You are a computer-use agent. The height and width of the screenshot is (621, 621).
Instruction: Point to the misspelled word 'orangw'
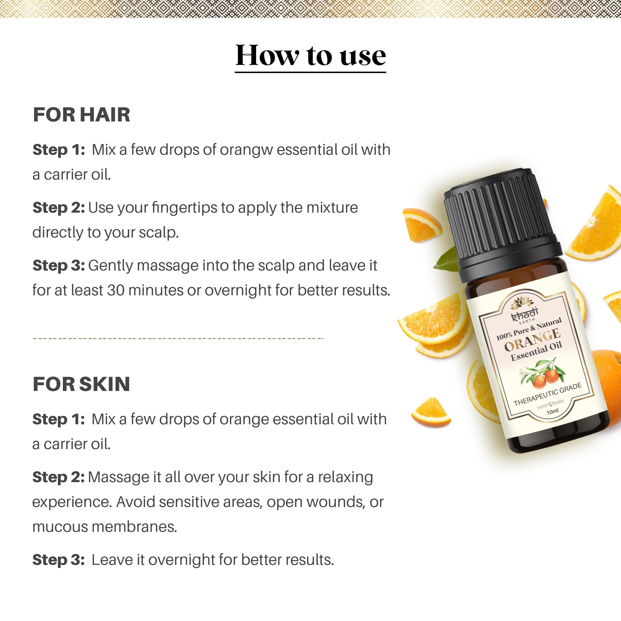[246, 150]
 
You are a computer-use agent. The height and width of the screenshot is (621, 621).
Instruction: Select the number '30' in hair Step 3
[116, 290]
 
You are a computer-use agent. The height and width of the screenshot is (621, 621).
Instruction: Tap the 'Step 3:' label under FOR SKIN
[59, 560]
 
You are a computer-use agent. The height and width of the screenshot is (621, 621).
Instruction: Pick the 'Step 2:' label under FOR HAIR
[59, 208]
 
